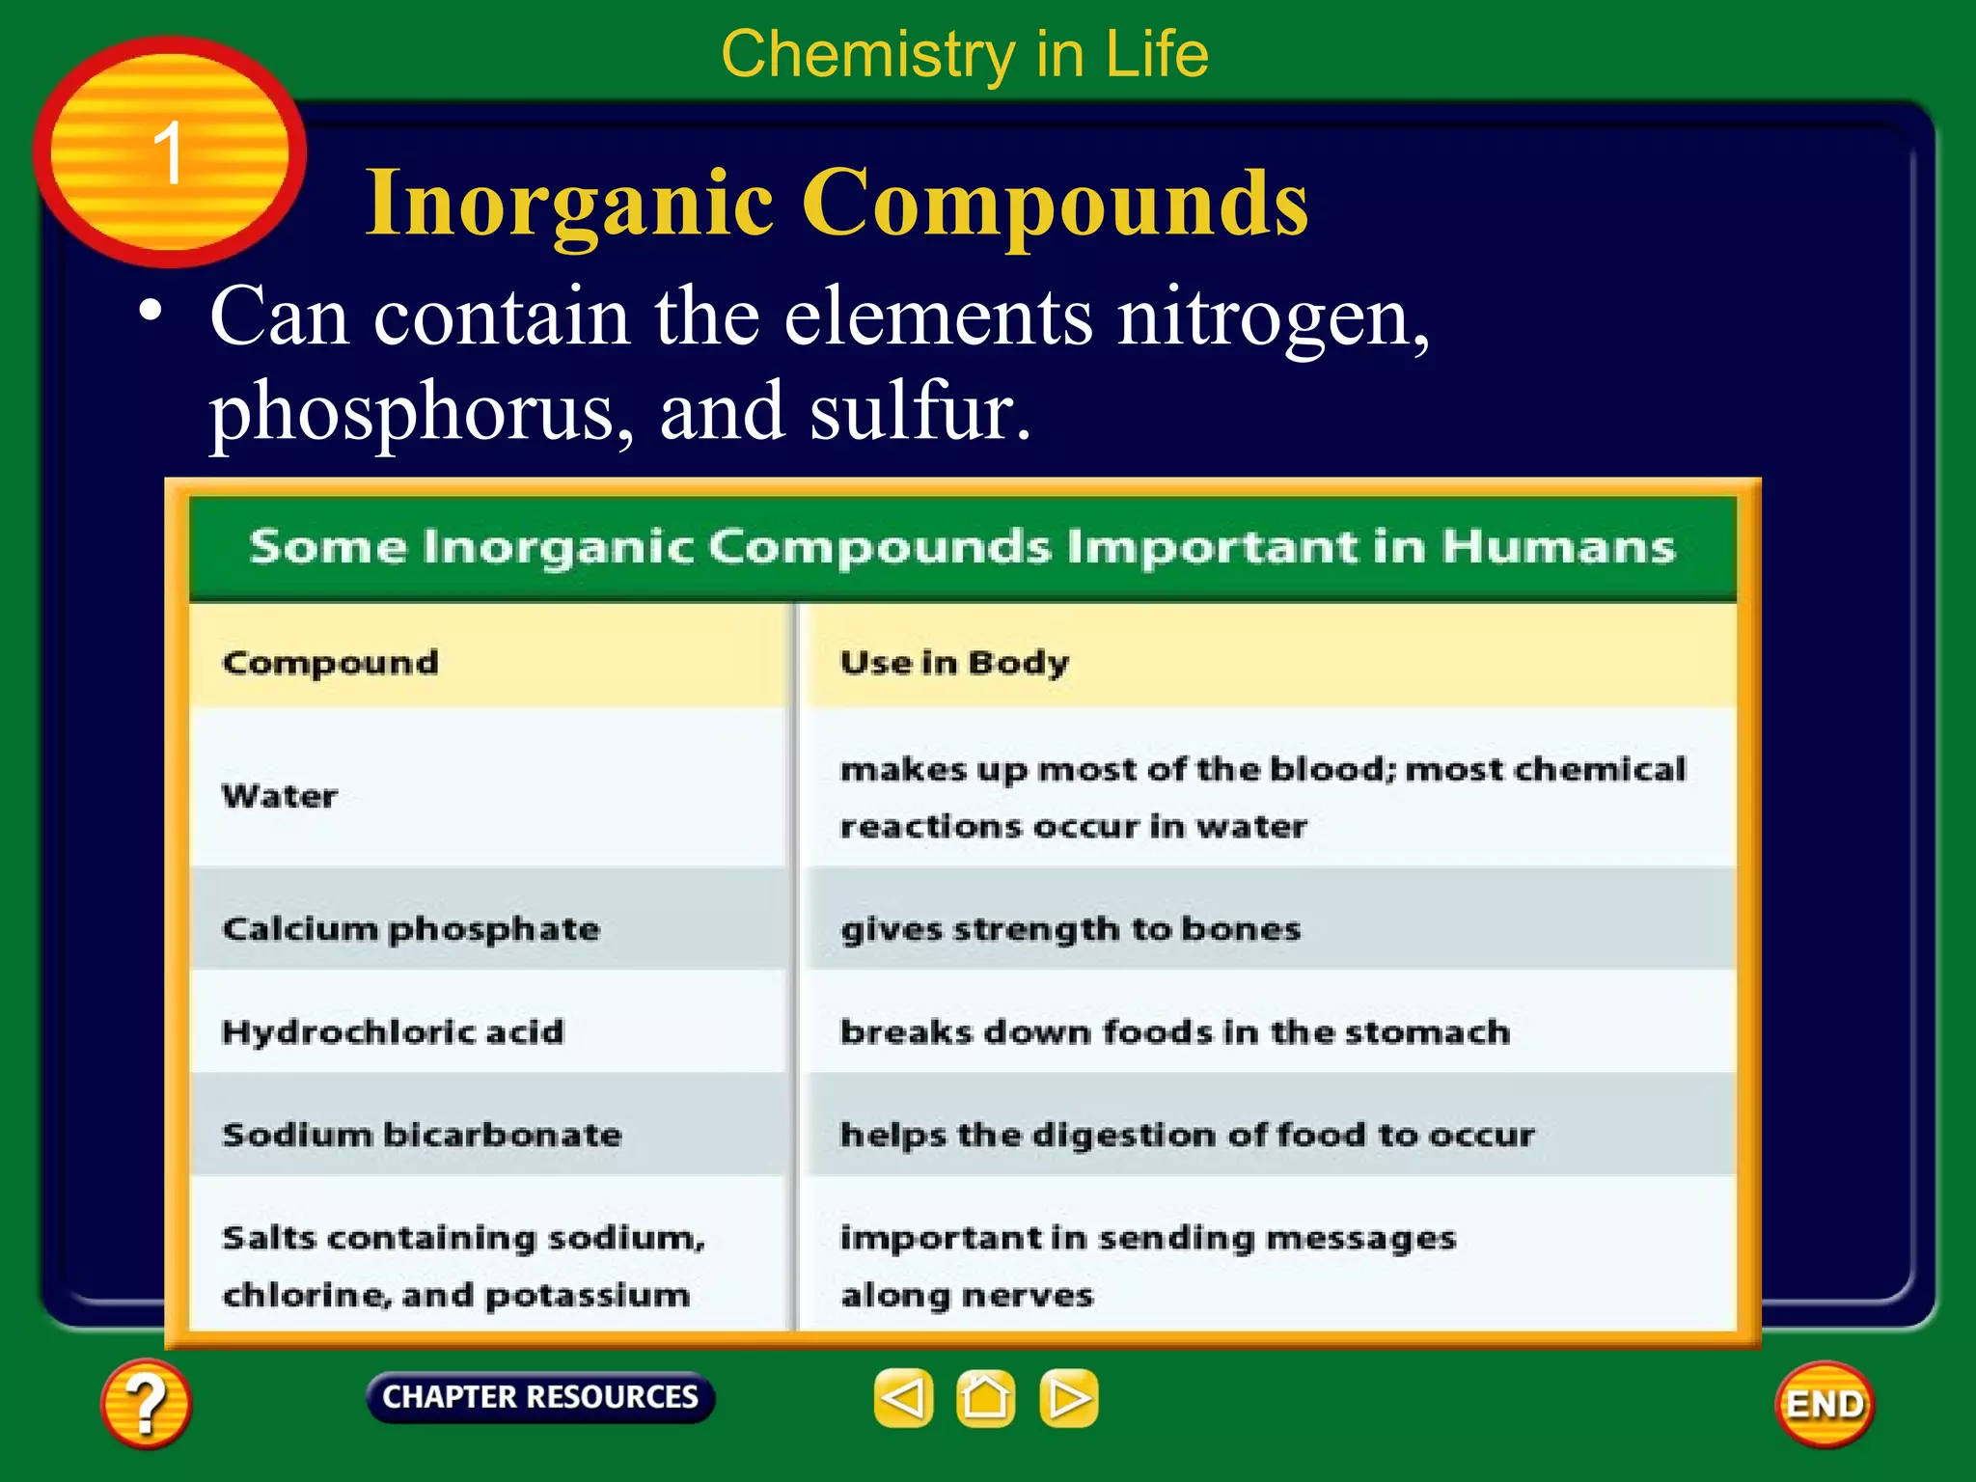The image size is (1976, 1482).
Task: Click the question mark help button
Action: [145, 1403]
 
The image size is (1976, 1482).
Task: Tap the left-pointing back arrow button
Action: [903, 1398]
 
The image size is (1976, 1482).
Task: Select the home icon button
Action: [985, 1398]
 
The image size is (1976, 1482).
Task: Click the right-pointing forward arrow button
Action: [1068, 1398]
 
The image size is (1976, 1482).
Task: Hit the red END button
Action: [1824, 1405]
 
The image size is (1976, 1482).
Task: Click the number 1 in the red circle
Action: [169, 152]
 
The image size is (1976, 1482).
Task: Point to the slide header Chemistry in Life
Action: [965, 54]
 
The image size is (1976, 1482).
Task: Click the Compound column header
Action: [330, 663]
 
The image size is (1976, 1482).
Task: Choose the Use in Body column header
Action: [954, 663]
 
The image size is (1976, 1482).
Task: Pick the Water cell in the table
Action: [280, 796]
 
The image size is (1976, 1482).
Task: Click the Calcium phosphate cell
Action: [411, 929]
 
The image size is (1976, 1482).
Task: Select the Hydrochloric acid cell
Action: [393, 1032]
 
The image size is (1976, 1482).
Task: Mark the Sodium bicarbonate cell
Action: [422, 1135]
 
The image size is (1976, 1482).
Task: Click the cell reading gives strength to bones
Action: [1070, 929]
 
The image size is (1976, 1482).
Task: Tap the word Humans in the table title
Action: [1558, 547]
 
